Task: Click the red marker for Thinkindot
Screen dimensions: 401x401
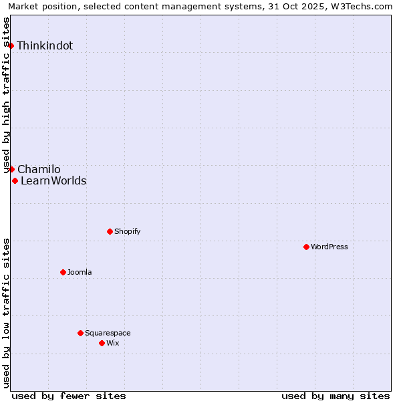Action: click(11, 45)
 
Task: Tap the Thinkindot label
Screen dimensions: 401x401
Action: click(45, 46)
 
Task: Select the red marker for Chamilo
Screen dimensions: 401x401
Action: click(11, 169)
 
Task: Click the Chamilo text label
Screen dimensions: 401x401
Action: click(39, 170)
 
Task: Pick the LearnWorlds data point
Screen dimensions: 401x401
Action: click(15, 180)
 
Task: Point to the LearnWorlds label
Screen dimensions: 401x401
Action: click(53, 181)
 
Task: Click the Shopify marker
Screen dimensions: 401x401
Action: click(110, 231)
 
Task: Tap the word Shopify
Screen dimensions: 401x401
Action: click(127, 232)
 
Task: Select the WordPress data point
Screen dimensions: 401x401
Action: click(306, 247)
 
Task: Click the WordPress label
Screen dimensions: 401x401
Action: click(329, 247)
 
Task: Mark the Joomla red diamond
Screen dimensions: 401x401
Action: click(63, 272)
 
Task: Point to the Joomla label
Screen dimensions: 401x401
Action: click(80, 273)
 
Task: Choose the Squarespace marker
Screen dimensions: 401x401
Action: click(80, 333)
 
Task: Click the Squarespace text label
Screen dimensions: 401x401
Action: click(108, 333)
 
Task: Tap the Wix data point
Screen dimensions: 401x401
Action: click(102, 343)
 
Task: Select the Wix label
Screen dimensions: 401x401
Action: click(113, 344)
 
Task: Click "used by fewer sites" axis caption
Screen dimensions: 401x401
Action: click(69, 396)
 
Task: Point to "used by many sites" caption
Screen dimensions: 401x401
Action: click(336, 396)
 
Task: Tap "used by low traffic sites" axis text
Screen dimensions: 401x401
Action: click(7, 313)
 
